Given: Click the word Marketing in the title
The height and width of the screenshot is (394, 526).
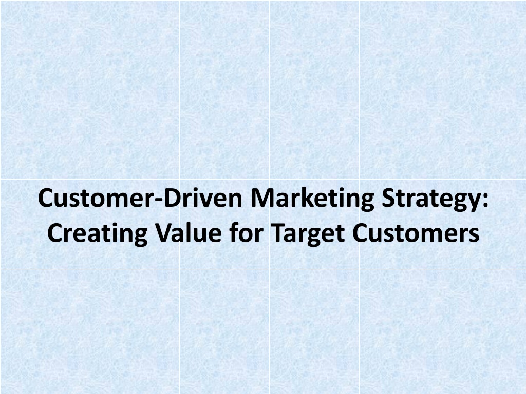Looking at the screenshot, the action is (312, 199).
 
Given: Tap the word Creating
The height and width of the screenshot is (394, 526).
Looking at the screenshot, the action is (97, 233).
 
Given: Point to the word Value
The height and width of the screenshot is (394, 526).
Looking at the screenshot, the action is (188, 232).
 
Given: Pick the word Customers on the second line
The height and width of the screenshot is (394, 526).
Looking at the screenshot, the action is (416, 232).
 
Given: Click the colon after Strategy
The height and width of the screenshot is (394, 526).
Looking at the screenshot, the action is (485, 201).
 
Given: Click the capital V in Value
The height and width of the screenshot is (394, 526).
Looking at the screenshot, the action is (164, 232).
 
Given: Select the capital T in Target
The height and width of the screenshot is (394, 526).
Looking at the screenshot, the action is (278, 232).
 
